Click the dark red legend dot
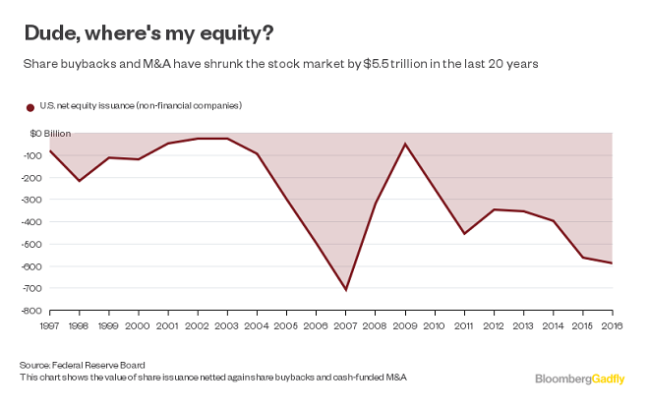click(x=29, y=106)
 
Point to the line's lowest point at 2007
click(x=346, y=290)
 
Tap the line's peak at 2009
click(x=405, y=144)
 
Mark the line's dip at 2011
click(x=464, y=234)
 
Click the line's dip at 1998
click(x=79, y=181)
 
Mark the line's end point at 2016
click(x=613, y=263)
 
